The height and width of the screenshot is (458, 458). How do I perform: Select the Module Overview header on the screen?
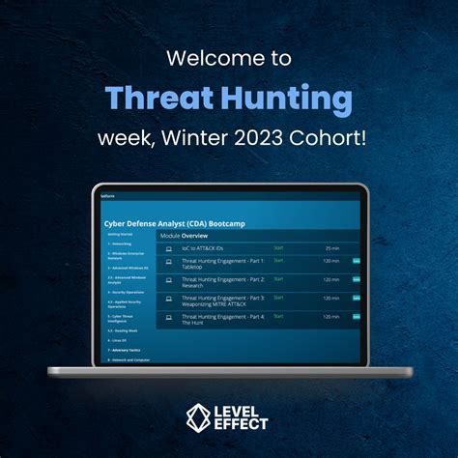coord(183,235)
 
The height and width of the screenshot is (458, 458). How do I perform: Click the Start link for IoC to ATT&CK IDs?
coord(278,247)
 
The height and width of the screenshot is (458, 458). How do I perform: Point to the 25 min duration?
coord(332,247)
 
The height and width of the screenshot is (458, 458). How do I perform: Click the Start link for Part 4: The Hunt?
coord(278,316)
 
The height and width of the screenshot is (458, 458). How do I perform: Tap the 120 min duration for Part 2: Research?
coord(331,279)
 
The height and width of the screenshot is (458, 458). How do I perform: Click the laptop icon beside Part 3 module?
coord(169,298)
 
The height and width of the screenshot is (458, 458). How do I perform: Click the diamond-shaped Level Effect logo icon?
coord(200,416)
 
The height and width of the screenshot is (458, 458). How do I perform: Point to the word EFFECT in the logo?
coord(245,424)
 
